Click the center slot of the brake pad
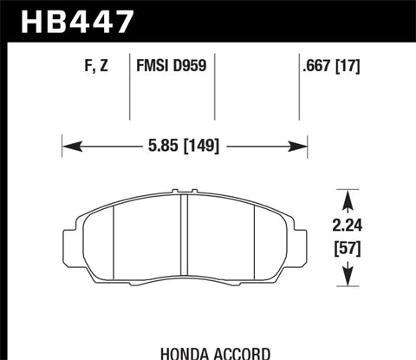click(185, 234)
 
